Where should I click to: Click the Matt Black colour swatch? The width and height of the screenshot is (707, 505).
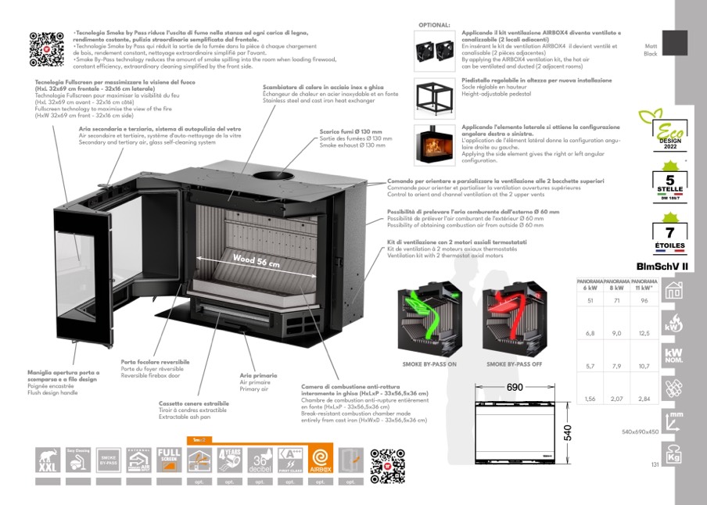(x=674, y=43)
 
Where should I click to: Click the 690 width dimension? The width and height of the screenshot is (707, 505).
(x=515, y=388)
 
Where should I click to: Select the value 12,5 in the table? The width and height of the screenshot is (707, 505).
(x=644, y=333)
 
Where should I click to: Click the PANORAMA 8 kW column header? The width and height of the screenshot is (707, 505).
(x=617, y=284)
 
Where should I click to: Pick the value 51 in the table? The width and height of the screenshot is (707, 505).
(x=590, y=300)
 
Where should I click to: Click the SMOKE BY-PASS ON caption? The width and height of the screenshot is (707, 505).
(x=429, y=364)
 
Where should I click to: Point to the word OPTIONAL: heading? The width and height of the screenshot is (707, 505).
(x=435, y=25)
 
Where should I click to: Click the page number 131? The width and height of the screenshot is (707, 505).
(x=655, y=466)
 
